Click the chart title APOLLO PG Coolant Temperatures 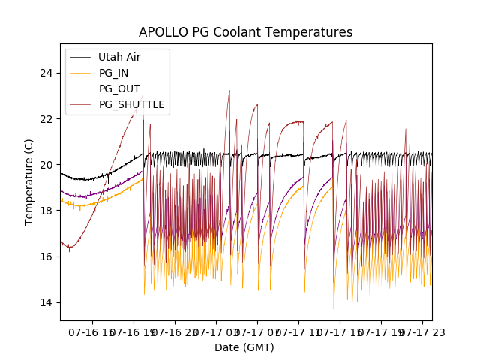(245, 32)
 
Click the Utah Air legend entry (119, 57)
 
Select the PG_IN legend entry (114, 73)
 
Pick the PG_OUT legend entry (119, 88)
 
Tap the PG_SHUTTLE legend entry (131, 104)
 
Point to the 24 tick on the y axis (47, 73)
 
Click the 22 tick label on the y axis (47, 118)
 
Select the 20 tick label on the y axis (47, 165)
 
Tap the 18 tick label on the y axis (47, 211)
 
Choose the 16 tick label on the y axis (47, 256)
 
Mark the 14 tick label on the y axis (47, 302)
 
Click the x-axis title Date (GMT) (244, 347)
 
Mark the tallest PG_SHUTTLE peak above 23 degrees (229, 91)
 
